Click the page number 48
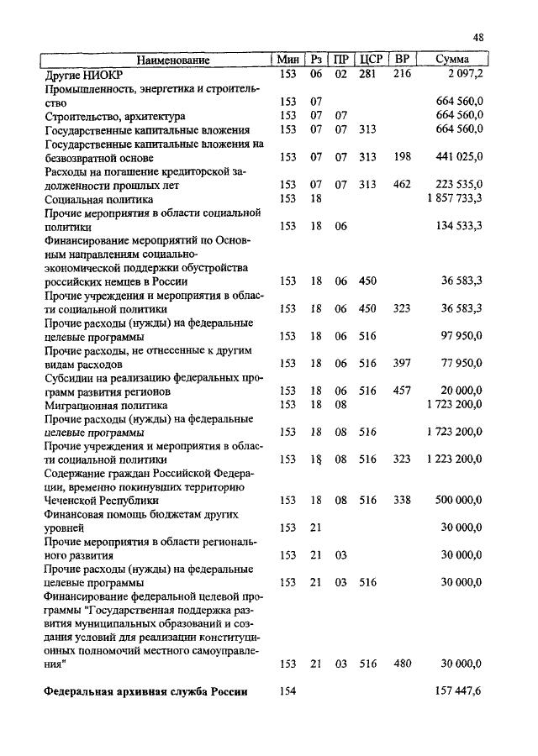478,38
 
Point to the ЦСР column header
371,60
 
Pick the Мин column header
288,60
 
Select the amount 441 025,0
457,157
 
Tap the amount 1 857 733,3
454,199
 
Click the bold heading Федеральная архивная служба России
145,691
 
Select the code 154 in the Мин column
288,691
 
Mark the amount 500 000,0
457,500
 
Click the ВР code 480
402,664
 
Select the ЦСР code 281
367,74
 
